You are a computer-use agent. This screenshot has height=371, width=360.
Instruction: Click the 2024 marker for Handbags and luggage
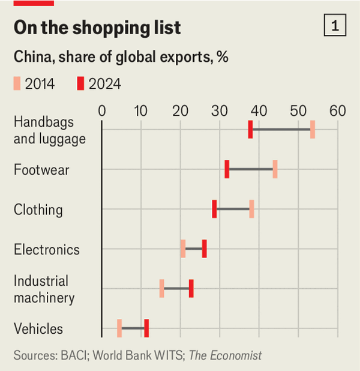250,129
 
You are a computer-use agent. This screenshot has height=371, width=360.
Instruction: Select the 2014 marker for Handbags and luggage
313,129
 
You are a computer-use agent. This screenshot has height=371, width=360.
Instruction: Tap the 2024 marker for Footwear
227,169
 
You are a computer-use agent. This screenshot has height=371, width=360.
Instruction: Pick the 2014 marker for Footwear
275,169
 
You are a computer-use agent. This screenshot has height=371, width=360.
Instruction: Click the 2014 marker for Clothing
251,209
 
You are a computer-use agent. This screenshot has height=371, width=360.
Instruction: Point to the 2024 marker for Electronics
204,249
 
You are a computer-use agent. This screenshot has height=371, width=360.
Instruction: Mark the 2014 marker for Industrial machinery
161,288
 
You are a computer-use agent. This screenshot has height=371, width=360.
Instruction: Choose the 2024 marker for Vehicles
146,328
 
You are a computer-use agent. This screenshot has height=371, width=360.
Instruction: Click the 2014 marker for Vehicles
119,328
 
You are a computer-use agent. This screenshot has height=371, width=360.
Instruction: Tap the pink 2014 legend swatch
17,83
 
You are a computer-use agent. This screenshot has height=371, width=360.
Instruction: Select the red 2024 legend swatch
80,83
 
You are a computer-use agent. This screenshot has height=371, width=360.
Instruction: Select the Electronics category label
47,249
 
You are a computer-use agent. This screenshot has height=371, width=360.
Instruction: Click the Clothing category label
38,210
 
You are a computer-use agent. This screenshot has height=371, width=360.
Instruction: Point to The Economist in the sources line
225,355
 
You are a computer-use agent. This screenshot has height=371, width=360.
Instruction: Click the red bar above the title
34,3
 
